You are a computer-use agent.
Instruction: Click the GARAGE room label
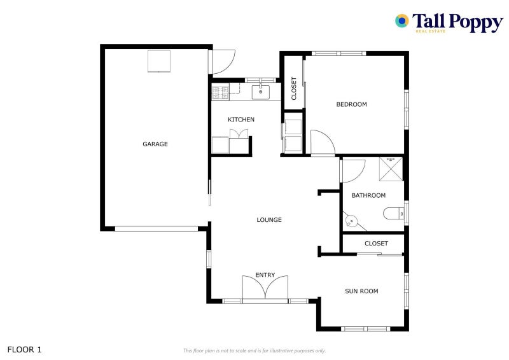pos(155,144)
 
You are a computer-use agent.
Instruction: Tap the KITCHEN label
pos(241,120)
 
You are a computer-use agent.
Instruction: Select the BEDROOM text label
pos(351,104)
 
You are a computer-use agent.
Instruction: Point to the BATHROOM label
pos(368,195)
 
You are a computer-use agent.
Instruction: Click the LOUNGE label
pos(269,220)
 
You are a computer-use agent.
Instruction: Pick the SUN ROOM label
pos(361,291)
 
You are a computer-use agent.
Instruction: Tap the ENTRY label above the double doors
pos(265,275)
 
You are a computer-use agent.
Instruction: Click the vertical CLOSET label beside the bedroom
pos(293,88)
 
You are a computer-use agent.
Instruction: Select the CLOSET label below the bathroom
pos(376,244)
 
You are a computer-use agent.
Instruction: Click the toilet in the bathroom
pos(393,213)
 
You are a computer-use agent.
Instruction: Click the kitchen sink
pos(261,92)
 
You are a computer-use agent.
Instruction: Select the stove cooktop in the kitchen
pos(220,93)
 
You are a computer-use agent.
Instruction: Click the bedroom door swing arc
pos(322,142)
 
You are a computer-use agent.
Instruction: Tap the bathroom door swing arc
pos(353,170)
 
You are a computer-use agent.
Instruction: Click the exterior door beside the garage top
pos(223,61)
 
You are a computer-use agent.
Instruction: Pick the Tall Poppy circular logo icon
pos(401,21)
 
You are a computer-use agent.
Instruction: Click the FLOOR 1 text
pos(24,349)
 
